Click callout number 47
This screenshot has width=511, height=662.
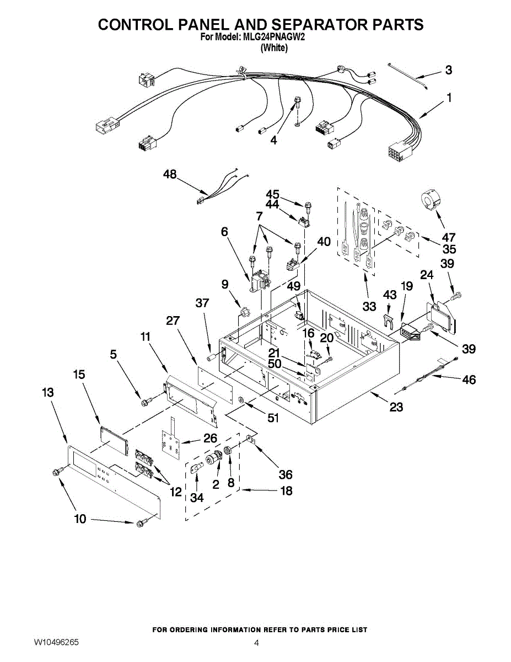[x=448, y=238]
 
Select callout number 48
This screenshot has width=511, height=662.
[x=170, y=175]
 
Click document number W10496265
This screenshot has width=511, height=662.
[x=56, y=642]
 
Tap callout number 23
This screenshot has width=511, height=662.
[x=396, y=408]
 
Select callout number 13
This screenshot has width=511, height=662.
[x=48, y=392]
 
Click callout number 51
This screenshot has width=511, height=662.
[x=272, y=418]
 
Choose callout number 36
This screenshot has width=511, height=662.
[x=286, y=474]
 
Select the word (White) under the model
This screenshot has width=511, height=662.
[x=274, y=48]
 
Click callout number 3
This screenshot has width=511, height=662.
[x=449, y=70]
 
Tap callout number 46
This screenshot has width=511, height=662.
[x=469, y=380]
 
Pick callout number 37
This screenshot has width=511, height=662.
[x=203, y=303]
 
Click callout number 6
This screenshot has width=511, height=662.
[x=224, y=232]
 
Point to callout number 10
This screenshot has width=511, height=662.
[x=80, y=519]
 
